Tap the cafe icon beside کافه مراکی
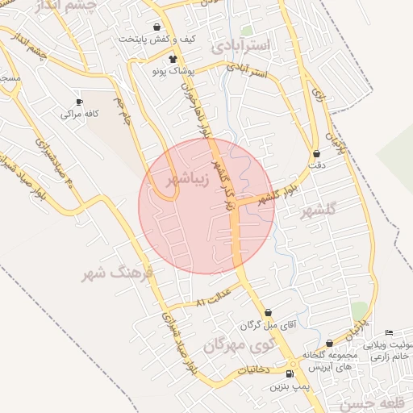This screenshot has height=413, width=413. pos(79,102)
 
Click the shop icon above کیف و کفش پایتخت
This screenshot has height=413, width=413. pos(156,27)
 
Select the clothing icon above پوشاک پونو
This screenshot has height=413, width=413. pos(173,59)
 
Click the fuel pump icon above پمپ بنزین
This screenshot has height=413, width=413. pos(290,373)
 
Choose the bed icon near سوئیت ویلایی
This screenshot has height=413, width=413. pos(390,333)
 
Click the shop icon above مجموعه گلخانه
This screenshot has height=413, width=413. pos(329,344)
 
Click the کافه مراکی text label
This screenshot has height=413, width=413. pos(80,115)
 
